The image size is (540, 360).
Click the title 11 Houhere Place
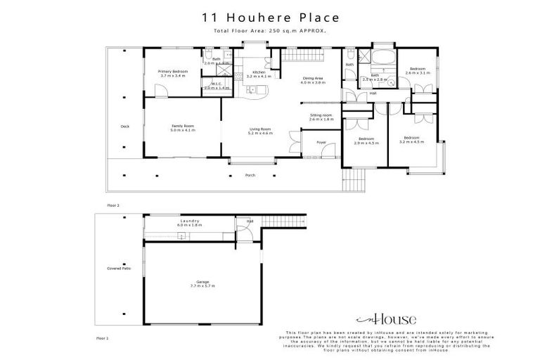[271, 18]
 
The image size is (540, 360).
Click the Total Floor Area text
[271, 32]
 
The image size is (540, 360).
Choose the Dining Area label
[313, 80]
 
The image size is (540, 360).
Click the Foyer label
[321, 143]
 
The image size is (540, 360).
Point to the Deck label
[124, 127]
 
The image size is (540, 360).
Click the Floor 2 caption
[113, 205]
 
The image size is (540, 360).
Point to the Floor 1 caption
[103, 338]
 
